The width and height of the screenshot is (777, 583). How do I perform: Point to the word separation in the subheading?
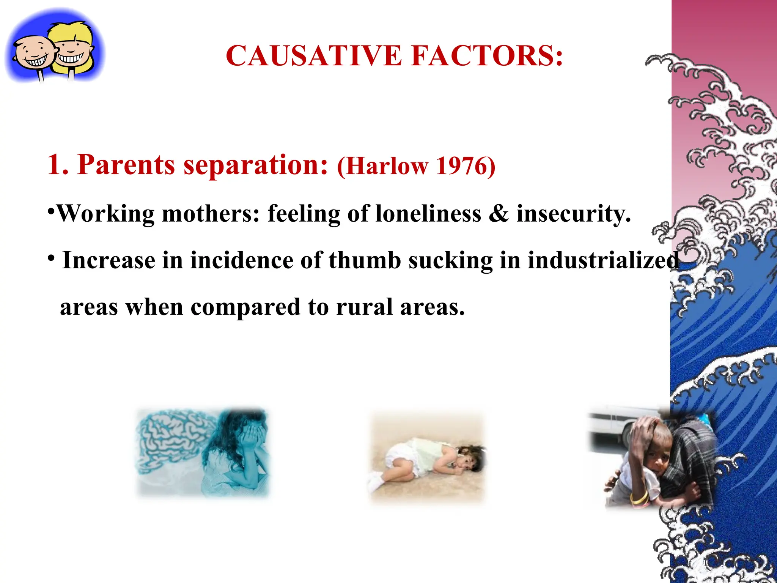click(x=255, y=165)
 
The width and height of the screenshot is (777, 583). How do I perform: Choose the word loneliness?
click(x=428, y=214)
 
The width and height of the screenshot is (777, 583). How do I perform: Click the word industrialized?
click(x=603, y=260)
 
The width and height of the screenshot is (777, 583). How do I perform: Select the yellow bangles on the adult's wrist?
click(x=639, y=497)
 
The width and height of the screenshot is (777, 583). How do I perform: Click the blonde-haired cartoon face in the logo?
click(x=72, y=47)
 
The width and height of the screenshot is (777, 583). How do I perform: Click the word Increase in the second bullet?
click(x=109, y=260)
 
